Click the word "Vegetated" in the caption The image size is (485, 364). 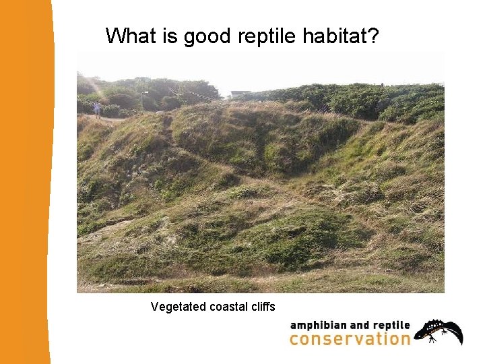[179, 307]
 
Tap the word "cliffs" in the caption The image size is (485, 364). [263, 307]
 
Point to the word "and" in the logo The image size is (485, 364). [362, 326]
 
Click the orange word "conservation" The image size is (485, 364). [350, 339]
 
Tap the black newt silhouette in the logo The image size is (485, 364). [439, 331]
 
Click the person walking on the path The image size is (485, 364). [97, 109]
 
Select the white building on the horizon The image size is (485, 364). [240, 94]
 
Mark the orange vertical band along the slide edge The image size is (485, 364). [26, 182]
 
